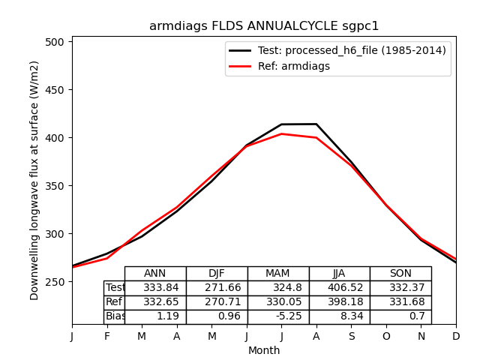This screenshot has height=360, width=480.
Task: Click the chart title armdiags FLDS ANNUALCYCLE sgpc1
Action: click(264, 26)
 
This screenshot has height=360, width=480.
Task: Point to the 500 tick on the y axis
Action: click(55, 42)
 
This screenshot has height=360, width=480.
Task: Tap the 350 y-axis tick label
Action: click(55, 186)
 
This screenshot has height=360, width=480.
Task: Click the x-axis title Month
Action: click(264, 350)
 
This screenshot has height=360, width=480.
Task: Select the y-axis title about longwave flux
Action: click(34, 180)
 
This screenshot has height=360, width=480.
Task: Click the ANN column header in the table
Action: click(155, 274)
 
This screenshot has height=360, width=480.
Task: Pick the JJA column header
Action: click(339, 274)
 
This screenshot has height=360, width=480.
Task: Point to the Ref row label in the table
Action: click(114, 302)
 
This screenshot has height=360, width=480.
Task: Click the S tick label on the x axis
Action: click(351, 337)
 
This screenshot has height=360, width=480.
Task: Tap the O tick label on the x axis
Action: click(386, 337)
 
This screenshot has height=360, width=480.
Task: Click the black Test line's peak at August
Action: click(316, 124)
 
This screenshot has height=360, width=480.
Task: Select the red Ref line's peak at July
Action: click(281, 133)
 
